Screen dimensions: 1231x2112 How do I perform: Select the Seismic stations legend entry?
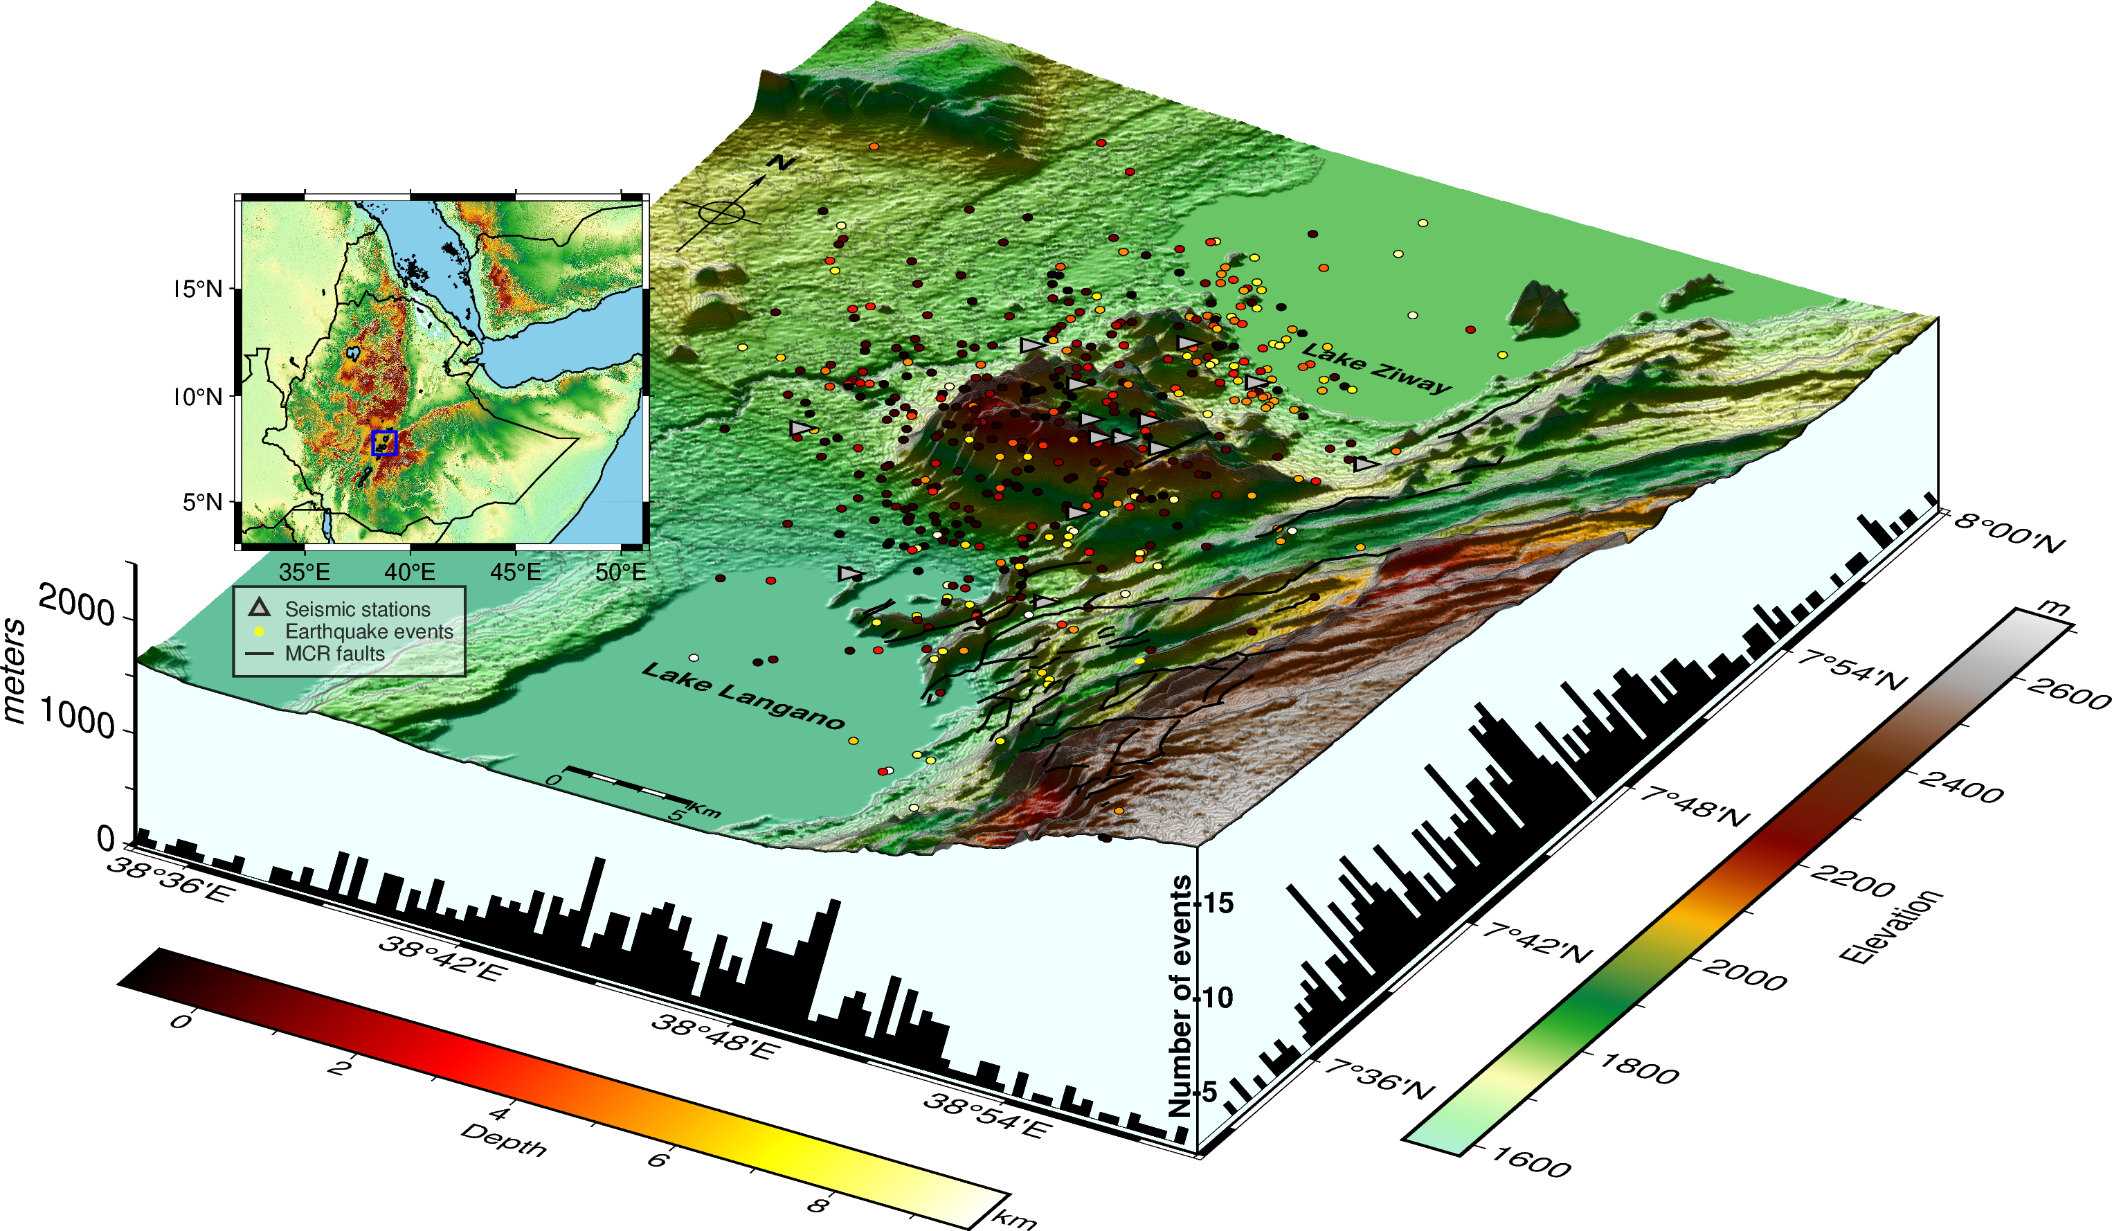pyautogui.click(x=357, y=609)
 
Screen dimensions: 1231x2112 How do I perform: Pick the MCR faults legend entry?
pyautogui.click(x=334, y=654)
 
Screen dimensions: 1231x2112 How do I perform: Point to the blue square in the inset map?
pyautogui.click(x=384, y=442)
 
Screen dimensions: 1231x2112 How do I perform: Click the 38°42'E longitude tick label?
pyautogui.click(x=442, y=959)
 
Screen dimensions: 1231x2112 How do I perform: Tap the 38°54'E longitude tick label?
pyautogui.click(x=986, y=1115)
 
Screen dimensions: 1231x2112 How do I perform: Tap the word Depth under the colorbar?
pyautogui.click(x=504, y=1140)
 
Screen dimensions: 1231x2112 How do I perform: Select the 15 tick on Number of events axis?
pyautogui.click(x=1218, y=903)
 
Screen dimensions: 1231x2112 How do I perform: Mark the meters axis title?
pyautogui.click(x=15, y=670)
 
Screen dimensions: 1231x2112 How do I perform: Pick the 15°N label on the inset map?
pyautogui.click(x=199, y=289)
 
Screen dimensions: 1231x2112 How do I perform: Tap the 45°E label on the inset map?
pyautogui.click(x=516, y=573)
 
